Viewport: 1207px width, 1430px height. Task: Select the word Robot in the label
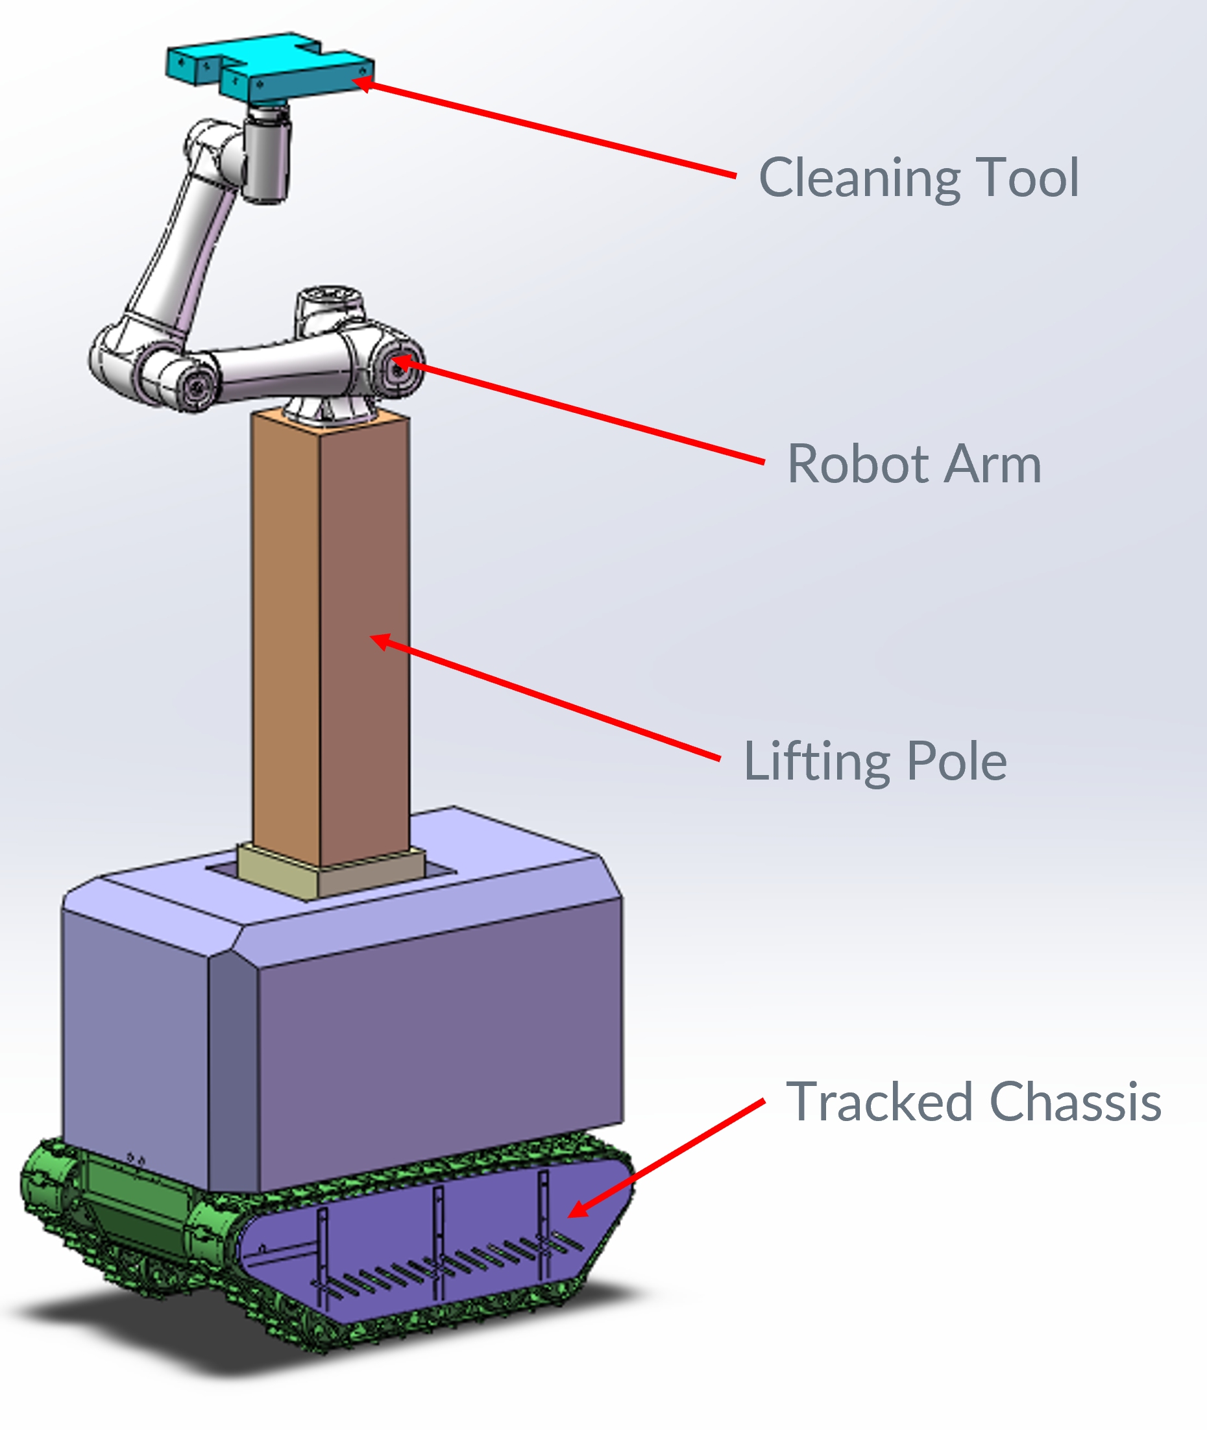pos(859,464)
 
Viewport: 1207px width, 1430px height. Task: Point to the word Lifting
pos(817,762)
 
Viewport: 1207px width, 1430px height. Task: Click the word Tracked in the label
pos(879,1102)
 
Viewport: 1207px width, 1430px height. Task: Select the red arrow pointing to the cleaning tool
pos(548,128)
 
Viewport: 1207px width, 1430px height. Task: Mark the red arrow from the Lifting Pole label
pos(548,698)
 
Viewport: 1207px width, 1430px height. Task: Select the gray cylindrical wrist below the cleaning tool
pos(267,158)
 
